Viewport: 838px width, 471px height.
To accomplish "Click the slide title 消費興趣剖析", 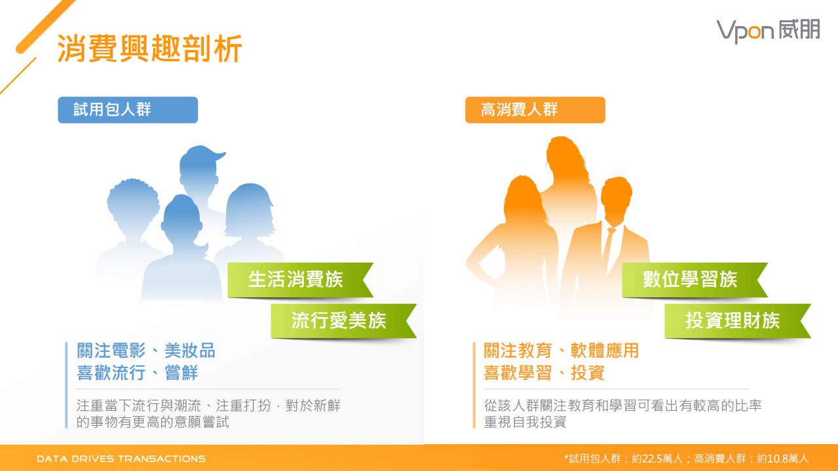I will tap(150, 49).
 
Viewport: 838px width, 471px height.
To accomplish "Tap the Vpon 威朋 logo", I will tap(767, 30).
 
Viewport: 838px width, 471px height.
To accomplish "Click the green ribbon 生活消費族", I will tap(295, 280).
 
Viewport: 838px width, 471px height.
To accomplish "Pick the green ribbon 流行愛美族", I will tap(339, 320).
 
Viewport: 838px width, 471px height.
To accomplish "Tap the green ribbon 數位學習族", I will tap(690, 280).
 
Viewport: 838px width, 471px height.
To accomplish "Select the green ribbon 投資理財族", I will tap(733, 320).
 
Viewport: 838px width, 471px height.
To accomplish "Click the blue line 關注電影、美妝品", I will tap(145, 350).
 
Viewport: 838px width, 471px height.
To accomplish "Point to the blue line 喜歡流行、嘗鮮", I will tap(137, 373).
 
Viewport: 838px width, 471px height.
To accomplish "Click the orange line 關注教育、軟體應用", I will tap(561, 350).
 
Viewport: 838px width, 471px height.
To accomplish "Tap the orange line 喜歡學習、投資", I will tap(544, 373).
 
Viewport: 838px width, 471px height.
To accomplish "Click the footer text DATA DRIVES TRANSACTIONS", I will tap(121, 459).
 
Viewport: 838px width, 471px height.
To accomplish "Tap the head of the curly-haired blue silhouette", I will tap(133, 203).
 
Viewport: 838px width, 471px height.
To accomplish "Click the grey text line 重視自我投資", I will tap(525, 422).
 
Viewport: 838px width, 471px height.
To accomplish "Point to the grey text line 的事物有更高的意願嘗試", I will tap(153, 422).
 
